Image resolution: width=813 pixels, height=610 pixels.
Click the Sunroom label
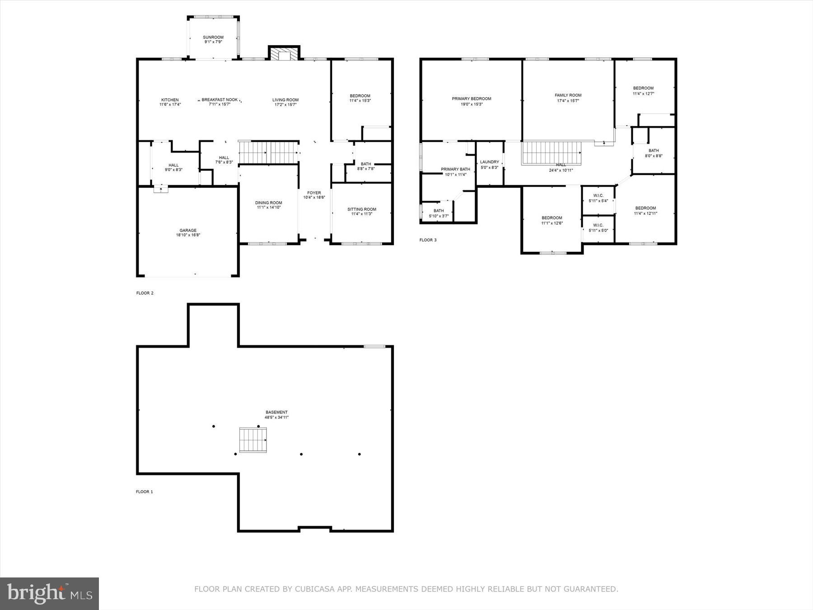tap(213, 38)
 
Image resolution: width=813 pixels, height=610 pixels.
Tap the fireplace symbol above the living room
tap(284, 53)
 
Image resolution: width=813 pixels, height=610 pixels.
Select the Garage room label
tap(188, 230)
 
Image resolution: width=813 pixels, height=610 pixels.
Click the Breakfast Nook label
tap(220, 100)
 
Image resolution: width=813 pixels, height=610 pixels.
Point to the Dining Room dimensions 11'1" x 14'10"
tap(269, 207)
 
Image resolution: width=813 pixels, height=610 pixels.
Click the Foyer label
tap(314, 193)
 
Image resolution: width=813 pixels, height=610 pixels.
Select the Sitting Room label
tap(361, 209)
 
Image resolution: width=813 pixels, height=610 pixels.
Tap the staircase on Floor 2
tap(269, 152)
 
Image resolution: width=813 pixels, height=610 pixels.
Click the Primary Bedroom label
tap(472, 99)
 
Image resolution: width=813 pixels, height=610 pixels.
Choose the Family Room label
tap(568, 95)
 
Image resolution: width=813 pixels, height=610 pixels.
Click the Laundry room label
tap(490, 162)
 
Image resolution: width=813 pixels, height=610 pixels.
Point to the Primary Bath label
tap(455, 169)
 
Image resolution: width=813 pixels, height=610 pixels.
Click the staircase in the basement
tap(253, 440)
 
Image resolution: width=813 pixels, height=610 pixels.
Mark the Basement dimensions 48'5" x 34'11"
tap(276, 418)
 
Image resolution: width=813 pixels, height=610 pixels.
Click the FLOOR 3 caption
tap(428, 240)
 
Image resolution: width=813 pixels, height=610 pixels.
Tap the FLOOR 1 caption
tap(145, 492)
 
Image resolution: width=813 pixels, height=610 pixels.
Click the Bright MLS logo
tap(49, 593)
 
